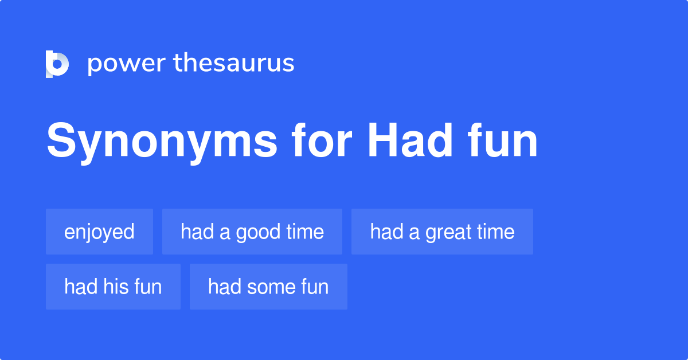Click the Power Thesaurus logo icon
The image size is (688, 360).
coord(57,64)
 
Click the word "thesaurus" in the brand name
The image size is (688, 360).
coord(234,64)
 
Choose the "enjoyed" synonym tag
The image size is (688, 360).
coord(99,232)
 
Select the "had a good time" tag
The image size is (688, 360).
coord(252,232)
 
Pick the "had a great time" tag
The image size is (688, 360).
coord(442,232)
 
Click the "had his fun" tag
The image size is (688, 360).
coord(113,287)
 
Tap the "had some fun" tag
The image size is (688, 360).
coord(268,287)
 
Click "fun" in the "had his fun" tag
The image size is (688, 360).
coord(148,287)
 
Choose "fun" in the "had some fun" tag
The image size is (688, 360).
coord(315,287)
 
